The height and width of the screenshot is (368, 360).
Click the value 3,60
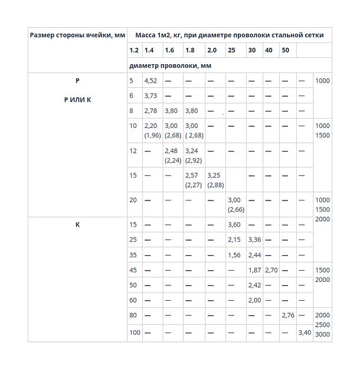click(x=234, y=225)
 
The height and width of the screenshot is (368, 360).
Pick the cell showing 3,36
click(x=254, y=240)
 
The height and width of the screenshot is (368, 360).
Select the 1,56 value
click(x=234, y=255)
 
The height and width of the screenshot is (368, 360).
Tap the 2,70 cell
click(x=271, y=270)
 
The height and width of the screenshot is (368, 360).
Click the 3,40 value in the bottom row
click(x=305, y=333)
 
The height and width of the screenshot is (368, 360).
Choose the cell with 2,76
click(x=287, y=316)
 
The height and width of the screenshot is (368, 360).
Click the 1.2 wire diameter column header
click(x=134, y=50)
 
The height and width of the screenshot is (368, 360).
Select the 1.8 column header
click(x=189, y=50)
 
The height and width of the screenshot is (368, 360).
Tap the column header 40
click(x=269, y=50)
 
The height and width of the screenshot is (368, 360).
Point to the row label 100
click(x=135, y=333)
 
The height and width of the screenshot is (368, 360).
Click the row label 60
click(x=133, y=300)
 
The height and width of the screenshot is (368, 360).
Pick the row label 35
click(x=133, y=255)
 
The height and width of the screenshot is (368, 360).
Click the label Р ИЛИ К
click(x=77, y=100)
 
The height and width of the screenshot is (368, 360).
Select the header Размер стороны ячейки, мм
click(x=77, y=35)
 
